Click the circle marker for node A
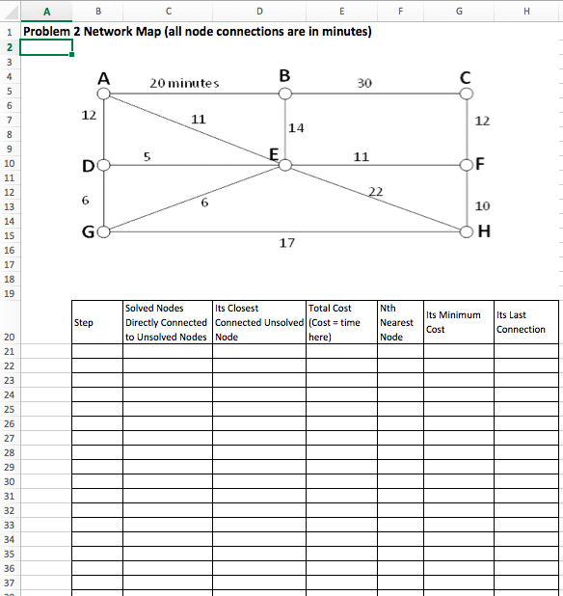(x=103, y=95)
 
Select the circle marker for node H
(x=467, y=231)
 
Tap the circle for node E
(x=284, y=165)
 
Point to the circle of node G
(x=103, y=231)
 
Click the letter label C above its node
(x=466, y=76)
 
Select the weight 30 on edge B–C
(x=363, y=83)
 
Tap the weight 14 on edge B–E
(x=297, y=127)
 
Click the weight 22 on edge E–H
(x=378, y=190)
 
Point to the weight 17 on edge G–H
(x=286, y=243)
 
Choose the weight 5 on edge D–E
(x=147, y=155)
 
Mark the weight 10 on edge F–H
(x=482, y=205)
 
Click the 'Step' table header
(x=84, y=322)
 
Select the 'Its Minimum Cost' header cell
(x=453, y=322)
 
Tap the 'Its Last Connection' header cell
(x=521, y=322)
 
